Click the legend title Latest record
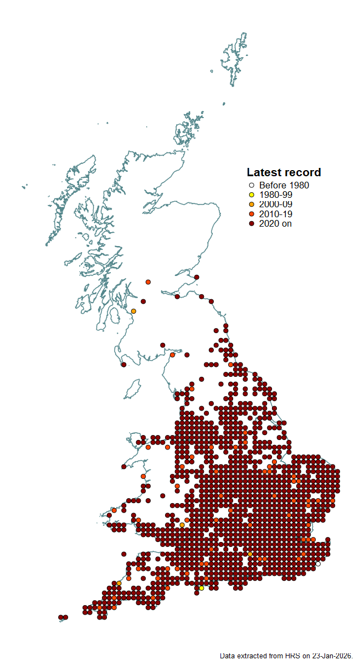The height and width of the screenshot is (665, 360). click(x=284, y=172)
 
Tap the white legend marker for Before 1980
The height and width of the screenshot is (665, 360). click(x=251, y=186)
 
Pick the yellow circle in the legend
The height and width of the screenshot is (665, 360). click(x=251, y=195)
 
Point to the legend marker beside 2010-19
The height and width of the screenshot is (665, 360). click(x=251, y=214)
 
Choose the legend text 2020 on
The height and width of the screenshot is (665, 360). click(x=275, y=223)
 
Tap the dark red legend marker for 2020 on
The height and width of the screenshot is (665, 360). click(x=251, y=223)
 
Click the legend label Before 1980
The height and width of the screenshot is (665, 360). click(x=284, y=186)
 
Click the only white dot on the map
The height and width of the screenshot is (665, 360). click(x=318, y=564)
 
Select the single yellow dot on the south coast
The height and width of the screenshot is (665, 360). click(x=202, y=588)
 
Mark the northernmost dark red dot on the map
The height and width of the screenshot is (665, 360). click(x=197, y=277)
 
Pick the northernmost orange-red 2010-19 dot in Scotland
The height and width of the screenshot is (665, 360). click(x=148, y=282)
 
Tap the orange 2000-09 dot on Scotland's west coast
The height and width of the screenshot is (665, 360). click(x=133, y=311)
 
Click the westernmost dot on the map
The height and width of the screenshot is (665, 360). click(x=61, y=617)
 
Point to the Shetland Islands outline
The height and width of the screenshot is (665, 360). click(x=234, y=58)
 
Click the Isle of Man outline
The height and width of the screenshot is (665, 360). click(x=132, y=390)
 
